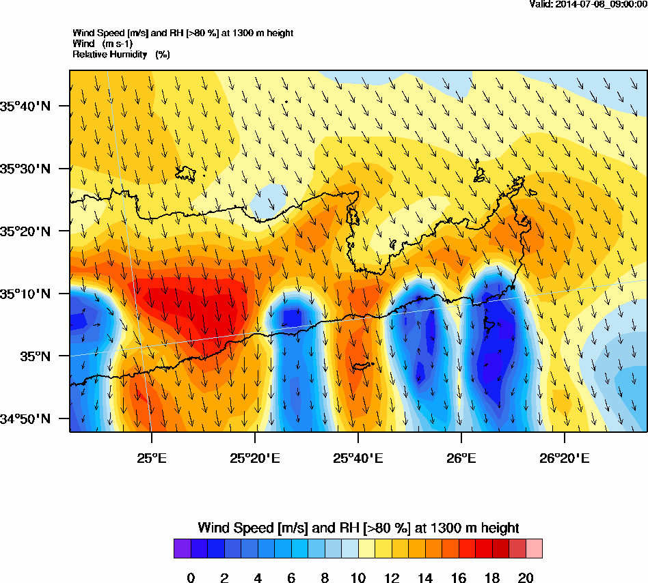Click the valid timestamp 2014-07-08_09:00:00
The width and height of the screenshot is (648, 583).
589,4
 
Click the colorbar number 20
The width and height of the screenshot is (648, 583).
525,578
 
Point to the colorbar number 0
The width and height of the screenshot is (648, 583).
191,578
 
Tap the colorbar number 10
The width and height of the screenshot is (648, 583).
357,578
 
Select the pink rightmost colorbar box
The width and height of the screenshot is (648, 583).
534,549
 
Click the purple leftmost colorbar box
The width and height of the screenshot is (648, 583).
183,549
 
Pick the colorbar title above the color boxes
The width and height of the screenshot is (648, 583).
358,528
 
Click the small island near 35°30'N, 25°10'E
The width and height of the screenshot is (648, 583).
186,173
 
